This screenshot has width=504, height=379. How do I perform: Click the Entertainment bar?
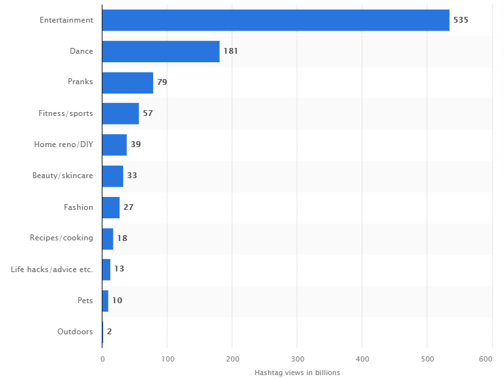[x=276, y=20]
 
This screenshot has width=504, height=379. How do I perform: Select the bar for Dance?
[x=161, y=51]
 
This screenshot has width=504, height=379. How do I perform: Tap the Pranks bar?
[x=128, y=82]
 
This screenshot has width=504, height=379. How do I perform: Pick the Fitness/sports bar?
[x=121, y=113]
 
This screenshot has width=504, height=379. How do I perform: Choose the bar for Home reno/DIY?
[x=115, y=144]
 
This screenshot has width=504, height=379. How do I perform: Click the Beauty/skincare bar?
[x=113, y=176]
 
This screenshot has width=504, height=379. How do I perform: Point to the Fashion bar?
[x=111, y=207]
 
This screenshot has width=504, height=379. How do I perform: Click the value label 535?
[x=461, y=20]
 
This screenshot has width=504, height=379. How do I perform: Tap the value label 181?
[x=231, y=51]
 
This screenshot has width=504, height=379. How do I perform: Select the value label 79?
[x=162, y=82]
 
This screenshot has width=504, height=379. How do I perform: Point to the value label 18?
[x=122, y=238]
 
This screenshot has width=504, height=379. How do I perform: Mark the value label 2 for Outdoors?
[x=110, y=332]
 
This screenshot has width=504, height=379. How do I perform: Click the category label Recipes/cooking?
[x=62, y=238]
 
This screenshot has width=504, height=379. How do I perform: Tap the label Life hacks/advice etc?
[x=52, y=270]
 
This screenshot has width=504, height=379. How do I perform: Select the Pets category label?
[x=85, y=301]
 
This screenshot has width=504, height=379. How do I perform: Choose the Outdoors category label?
[x=75, y=332]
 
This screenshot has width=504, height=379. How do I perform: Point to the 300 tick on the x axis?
[x=297, y=359]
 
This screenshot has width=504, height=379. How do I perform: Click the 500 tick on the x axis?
[x=427, y=359]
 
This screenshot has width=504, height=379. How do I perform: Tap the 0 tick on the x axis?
[x=102, y=359]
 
